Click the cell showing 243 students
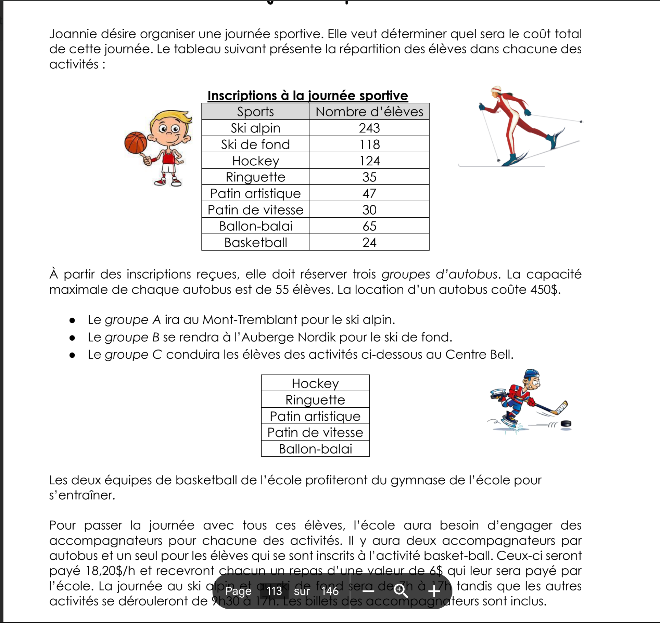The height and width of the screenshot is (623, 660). click(369, 128)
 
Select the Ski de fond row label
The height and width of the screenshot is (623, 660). click(255, 144)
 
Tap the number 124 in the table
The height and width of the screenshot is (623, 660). click(369, 161)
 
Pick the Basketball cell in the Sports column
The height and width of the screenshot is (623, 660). click(255, 243)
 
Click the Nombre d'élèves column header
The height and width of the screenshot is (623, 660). click(369, 112)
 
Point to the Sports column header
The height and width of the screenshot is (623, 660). click(255, 112)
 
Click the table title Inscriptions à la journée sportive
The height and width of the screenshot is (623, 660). click(307, 96)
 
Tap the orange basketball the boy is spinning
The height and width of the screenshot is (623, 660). click(136, 142)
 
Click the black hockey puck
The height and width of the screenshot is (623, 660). click(566, 424)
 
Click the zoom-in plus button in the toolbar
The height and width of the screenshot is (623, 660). click(434, 591)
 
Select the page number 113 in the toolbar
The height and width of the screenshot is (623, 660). click(274, 591)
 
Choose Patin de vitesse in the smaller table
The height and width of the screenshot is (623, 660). click(315, 433)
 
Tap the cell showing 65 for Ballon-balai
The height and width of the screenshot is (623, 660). click(369, 226)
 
